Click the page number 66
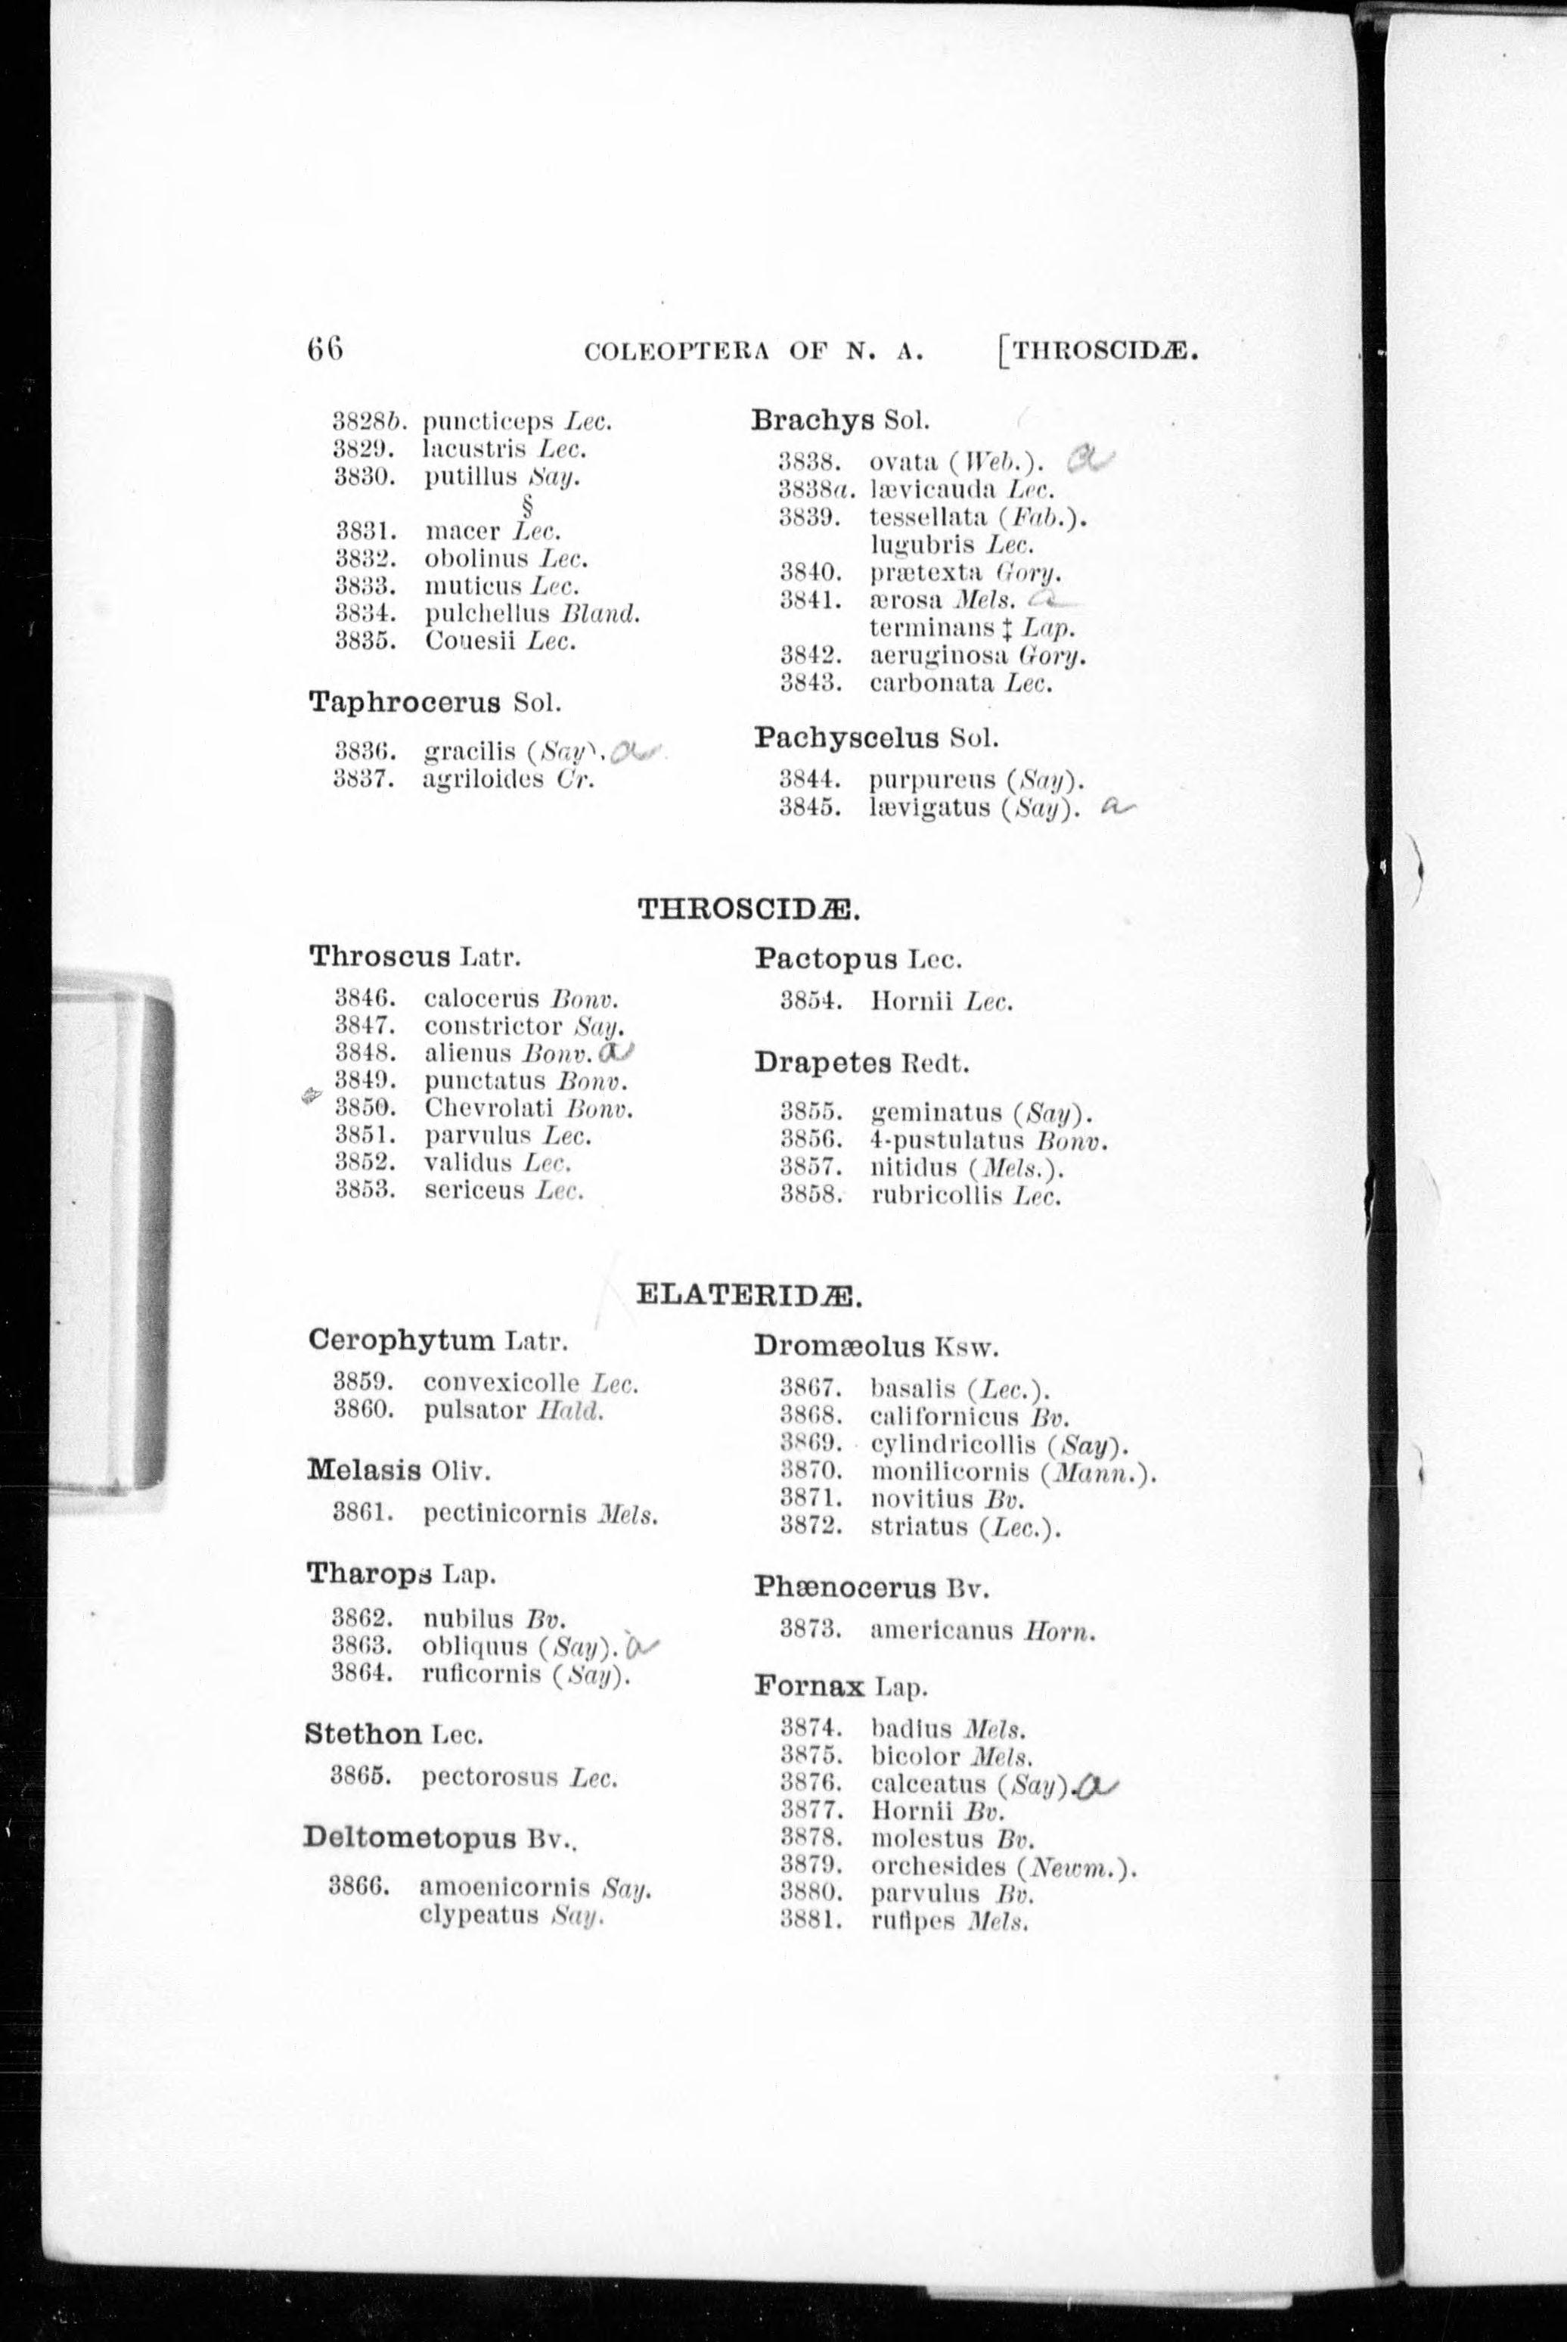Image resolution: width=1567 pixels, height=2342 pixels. (x=326, y=349)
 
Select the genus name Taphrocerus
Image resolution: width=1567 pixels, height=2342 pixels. (x=405, y=702)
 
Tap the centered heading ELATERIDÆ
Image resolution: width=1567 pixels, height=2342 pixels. (x=749, y=1297)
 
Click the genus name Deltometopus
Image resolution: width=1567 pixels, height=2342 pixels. (x=411, y=1837)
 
